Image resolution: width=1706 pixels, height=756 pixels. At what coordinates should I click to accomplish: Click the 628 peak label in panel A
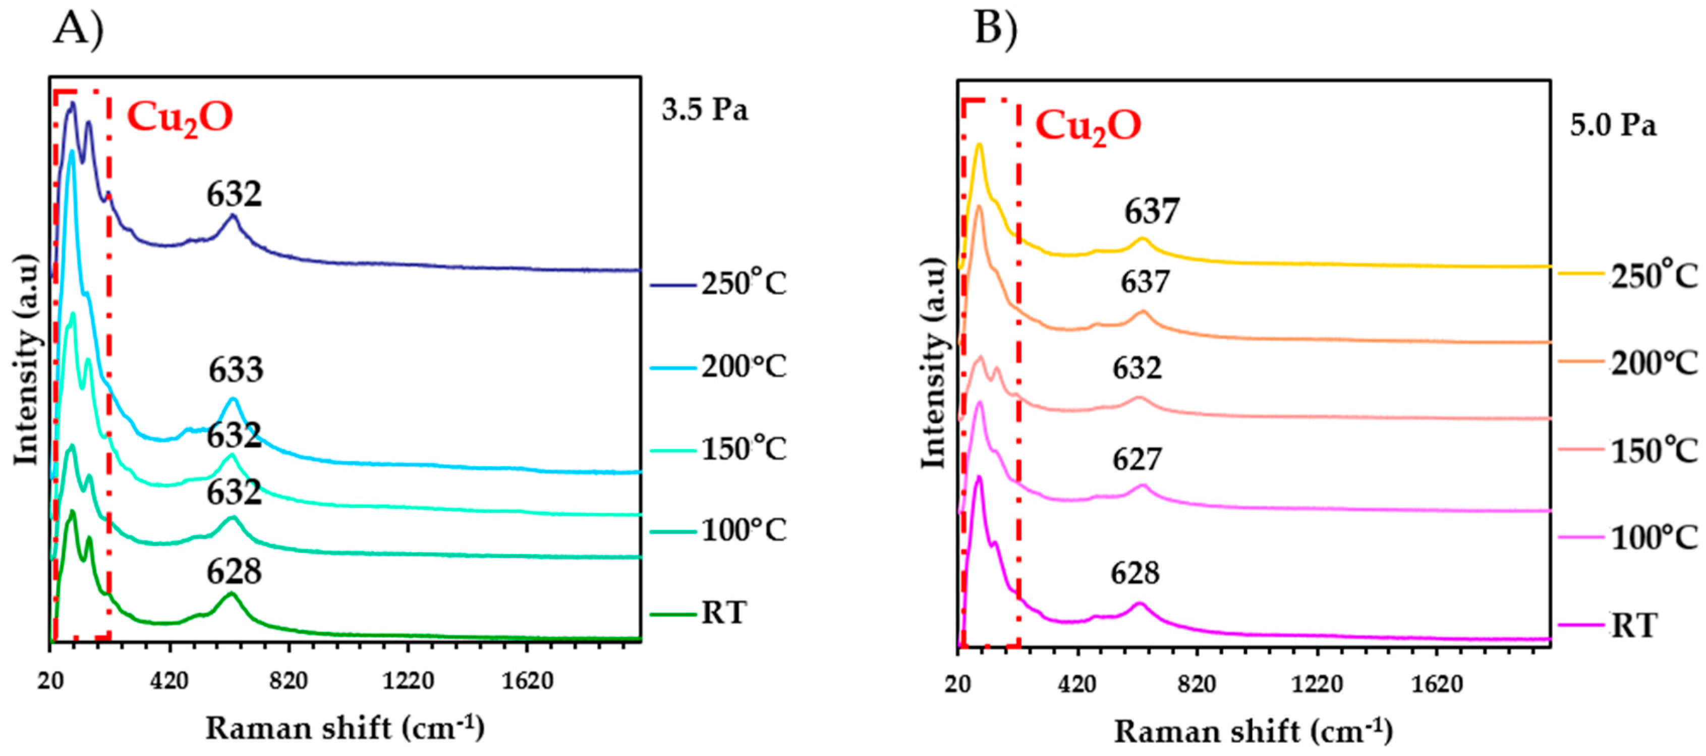click(234, 572)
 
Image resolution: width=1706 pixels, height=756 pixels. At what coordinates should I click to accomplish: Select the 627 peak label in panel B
click(1137, 459)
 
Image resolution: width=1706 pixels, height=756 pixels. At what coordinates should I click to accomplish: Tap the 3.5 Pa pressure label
click(705, 110)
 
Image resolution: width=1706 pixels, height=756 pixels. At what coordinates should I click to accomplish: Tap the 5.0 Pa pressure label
click(1613, 125)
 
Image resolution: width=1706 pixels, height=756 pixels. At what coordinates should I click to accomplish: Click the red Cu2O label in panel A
click(180, 117)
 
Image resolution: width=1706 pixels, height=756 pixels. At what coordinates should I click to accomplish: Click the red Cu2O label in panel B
click(1088, 125)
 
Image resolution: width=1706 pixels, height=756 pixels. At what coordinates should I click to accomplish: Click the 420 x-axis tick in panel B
click(1077, 684)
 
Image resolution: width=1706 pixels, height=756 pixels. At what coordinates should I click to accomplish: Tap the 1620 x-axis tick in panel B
click(1437, 684)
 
